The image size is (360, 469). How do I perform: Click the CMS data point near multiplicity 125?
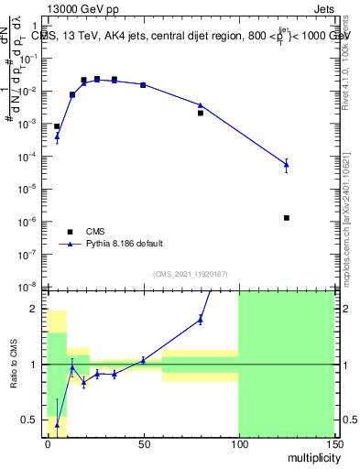(287, 218)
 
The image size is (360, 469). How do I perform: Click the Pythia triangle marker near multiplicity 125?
(287, 165)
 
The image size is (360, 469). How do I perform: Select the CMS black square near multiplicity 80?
(201, 113)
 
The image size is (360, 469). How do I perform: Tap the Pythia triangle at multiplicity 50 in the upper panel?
(143, 84)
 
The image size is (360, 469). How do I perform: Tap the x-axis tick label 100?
(238, 443)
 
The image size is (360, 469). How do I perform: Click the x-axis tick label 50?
(143, 443)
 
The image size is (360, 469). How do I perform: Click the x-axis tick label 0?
(48, 443)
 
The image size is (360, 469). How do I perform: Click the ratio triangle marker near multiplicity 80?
(201, 319)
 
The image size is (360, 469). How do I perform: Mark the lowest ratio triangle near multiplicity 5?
(57, 424)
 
